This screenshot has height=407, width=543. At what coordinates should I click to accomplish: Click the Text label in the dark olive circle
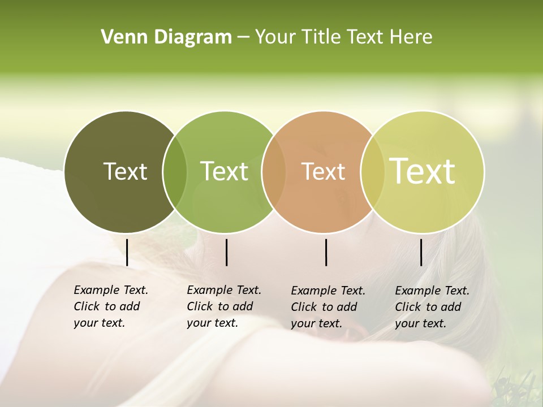click(125, 171)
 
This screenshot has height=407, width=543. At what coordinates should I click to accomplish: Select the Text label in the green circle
click(224, 171)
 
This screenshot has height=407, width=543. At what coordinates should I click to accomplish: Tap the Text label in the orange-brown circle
click(323, 171)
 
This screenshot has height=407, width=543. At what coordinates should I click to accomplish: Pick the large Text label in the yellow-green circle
click(422, 171)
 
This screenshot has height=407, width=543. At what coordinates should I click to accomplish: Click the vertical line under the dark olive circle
click(127, 252)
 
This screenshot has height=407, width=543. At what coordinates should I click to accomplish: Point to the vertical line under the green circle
click(226, 252)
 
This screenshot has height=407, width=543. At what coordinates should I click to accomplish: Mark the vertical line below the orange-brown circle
click(326, 252)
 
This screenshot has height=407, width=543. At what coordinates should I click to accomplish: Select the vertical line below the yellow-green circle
click(421, 252)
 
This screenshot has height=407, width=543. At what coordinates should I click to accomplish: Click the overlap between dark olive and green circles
click(175, 172)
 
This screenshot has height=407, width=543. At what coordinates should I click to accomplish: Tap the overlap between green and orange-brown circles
click(274, 172)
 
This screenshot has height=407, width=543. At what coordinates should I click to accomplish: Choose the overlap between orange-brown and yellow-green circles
click(372, 172)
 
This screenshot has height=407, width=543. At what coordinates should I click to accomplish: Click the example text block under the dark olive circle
click(111, 306)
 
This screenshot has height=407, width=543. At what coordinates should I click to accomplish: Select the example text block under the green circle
click(224, 306)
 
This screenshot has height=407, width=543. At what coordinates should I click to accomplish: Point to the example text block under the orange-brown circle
click(328, 307)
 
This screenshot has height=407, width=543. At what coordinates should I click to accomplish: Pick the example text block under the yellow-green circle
click(432, 307)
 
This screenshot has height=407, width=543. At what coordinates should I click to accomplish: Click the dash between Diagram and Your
click(243, 38)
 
